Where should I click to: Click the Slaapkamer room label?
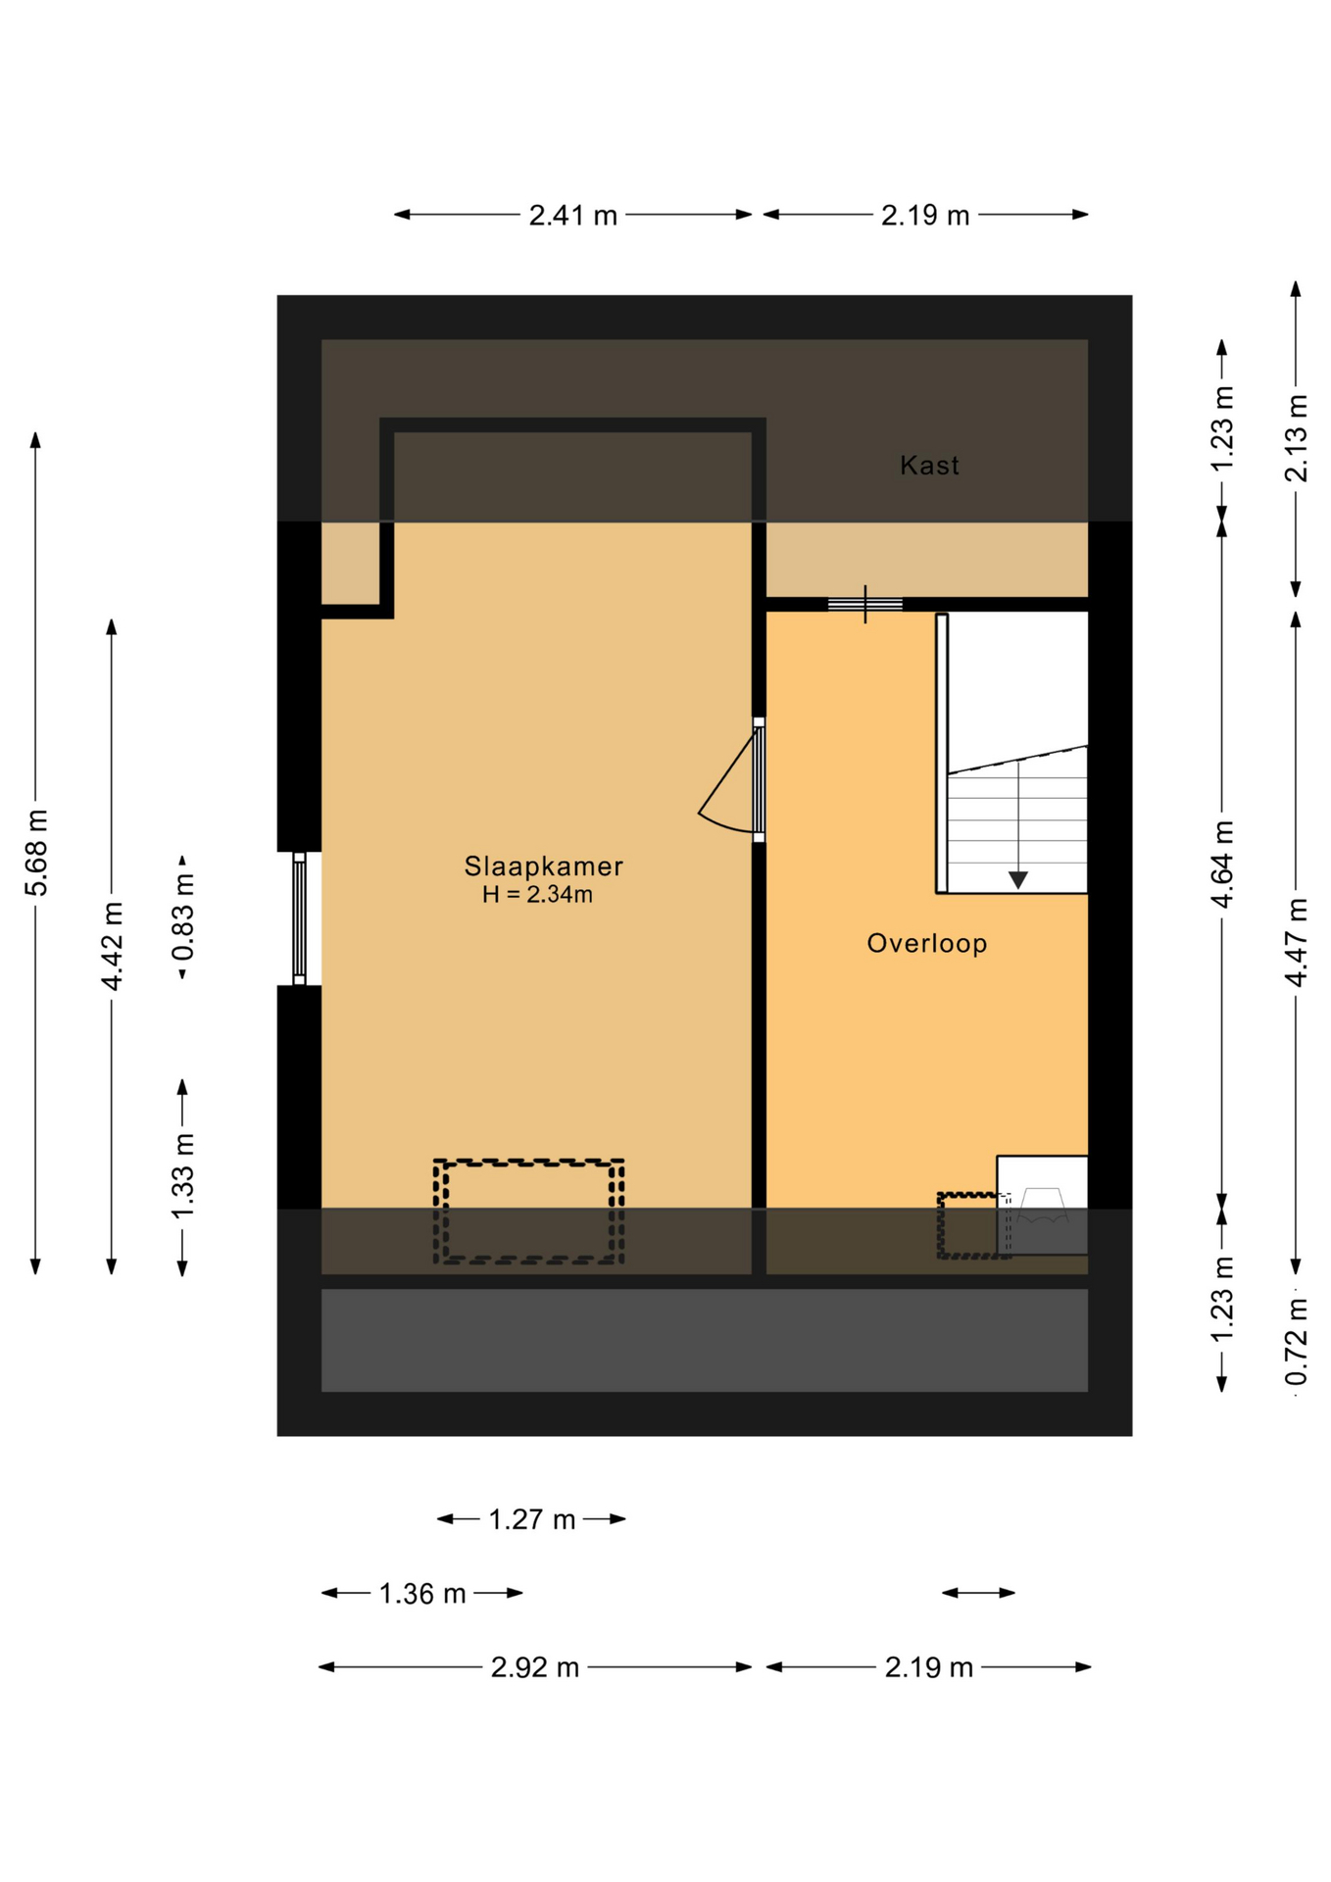pos(543,867)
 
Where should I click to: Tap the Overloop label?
pos(926,944)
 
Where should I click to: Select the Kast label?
pos(929,466)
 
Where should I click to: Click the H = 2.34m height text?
pos(537,895)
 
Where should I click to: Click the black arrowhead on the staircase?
pos(1017,879)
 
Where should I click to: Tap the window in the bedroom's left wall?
pos(299,918)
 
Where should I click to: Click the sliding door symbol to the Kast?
pos(864,604)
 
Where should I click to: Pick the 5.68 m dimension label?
pos(36,853)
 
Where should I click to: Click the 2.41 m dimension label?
pos(572,216)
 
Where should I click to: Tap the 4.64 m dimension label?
pos(1222,865)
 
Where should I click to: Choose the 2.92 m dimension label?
pos(534,1667)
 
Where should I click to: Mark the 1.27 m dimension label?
pos(531,1519)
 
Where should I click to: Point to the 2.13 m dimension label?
pos(1296,438)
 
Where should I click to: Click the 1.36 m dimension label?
pos(421,1594)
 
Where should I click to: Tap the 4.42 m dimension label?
pos(112,946)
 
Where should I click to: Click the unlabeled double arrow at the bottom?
pos(978,1593)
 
